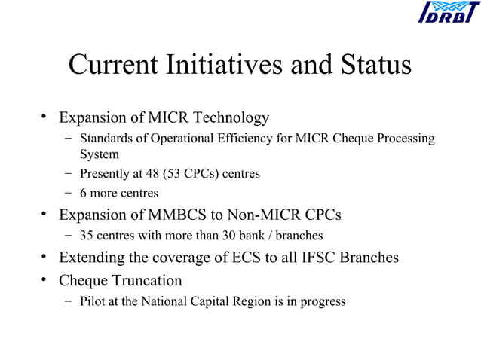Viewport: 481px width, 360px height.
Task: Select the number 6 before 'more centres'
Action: (x=84, y=194)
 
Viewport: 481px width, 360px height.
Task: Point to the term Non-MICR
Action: (x=276, y=215)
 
